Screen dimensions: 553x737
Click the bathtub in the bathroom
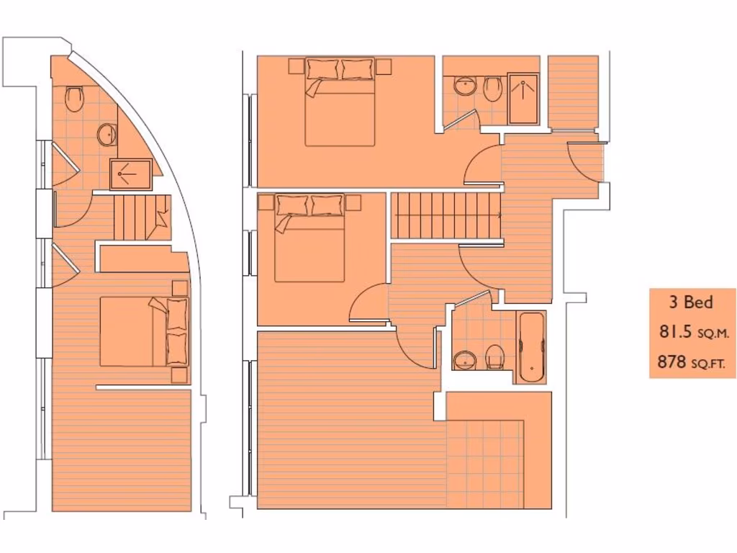click(x=532, y=346)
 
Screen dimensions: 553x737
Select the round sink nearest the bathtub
click(x=465, y=359)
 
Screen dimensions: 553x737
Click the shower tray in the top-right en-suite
click(x=523, y=98)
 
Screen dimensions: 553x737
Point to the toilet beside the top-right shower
click(x=493, y=89)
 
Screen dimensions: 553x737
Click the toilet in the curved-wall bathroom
click(x=74, y=99)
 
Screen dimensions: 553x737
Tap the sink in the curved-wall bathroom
click(x=107, y=134)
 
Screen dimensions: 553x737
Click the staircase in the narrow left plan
click(x=141, y=217)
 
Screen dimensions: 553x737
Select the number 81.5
click(x=675, y=332)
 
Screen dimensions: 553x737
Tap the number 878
click(x=672, y=362)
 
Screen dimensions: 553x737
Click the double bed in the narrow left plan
click(x=144, y=331)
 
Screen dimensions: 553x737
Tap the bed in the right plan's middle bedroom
click(x=309, y=238)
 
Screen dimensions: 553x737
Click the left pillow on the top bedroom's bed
click(x=322, y=69)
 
